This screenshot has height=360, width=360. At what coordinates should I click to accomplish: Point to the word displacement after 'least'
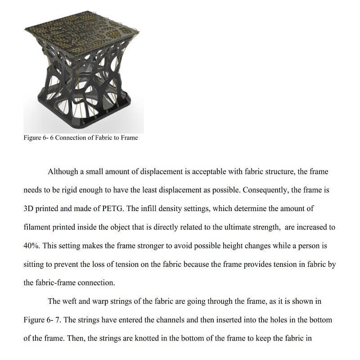click(x=170, y=190)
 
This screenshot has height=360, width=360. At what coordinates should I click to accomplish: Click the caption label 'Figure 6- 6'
click(x=41, y=138)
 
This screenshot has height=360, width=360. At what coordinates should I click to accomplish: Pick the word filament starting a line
click(x=37, y=227)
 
